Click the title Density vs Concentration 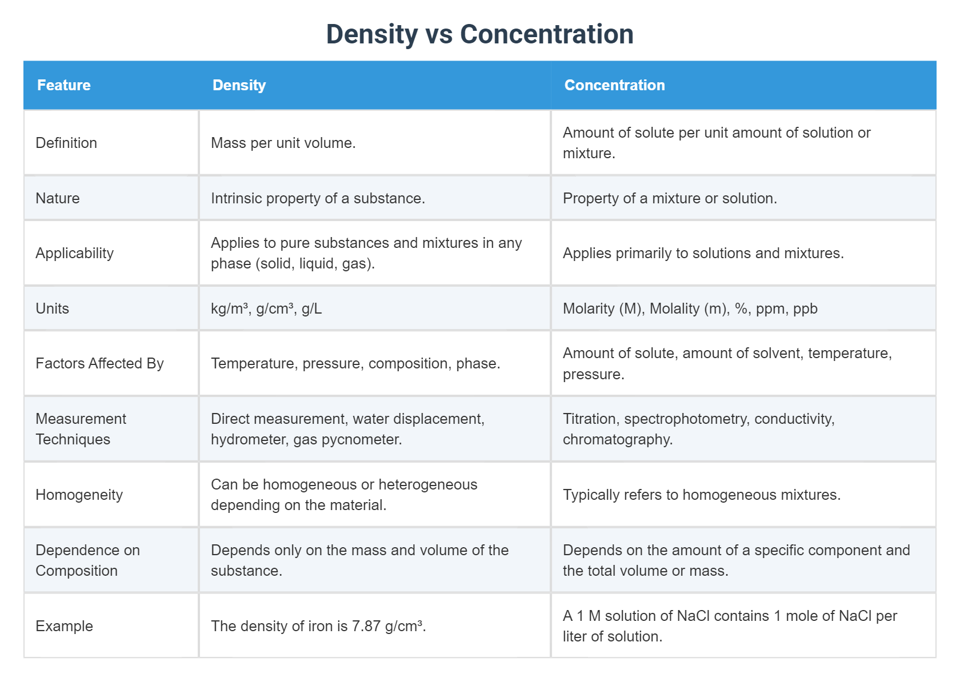[x=479, y=34]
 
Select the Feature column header [x=64, y=85]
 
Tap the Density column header [x=239, y=85]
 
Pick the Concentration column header [x=614, y=85]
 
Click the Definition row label [x=66, y=143]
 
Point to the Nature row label [x=58, y=198]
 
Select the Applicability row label [x=74, y=253]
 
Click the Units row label [x=52, y=308]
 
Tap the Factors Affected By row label [x=99, y=363]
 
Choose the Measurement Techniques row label [x=81, y=429]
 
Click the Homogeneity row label [x=79, y=495]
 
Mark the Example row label [x=64, y=626]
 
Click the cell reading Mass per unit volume [x=283, y=143]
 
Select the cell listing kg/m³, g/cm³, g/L [x=266, y=308]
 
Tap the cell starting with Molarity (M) [x=690, y=308]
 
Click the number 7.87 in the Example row [x=366, y=626]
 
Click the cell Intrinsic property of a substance [x=318, y=198]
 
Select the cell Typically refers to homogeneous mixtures [x=701, y=495]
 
